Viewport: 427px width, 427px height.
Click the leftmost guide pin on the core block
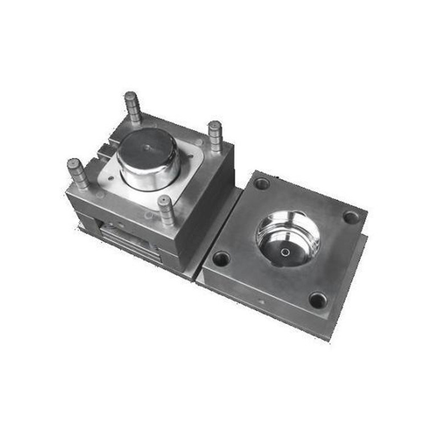(x=77, y=173)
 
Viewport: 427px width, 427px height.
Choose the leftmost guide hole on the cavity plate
(x=221, y=259)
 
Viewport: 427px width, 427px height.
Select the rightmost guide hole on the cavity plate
(x=351, y=217)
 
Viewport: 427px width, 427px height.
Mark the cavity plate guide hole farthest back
(x=262, y=183)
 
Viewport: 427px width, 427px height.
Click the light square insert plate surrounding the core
(x=188, y=182)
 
